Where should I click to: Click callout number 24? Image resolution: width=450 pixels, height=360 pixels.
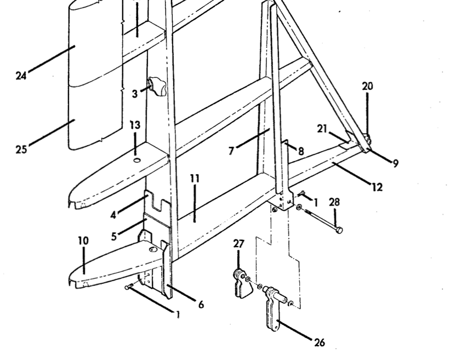pos(21,76)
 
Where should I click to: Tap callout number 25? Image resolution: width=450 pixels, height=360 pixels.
pos(21,150)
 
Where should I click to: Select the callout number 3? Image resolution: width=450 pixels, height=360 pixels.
pos(135,94)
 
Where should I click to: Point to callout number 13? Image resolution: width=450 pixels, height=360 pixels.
pos(135,125)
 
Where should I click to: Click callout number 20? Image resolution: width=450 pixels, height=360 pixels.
pos(367,86)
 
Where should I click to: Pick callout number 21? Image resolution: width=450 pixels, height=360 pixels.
pos(322,129)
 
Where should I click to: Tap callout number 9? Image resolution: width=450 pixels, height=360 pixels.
pos(396,163)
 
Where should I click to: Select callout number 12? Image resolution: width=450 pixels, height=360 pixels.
pos(378,187)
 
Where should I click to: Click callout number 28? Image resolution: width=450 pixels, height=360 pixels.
pos(334,202)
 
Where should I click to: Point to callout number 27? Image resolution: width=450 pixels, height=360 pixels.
pos(239,243)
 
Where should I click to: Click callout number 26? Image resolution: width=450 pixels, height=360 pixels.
pos(320,342)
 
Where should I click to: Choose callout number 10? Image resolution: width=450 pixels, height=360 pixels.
pos(83,241)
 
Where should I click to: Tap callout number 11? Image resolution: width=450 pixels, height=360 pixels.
pos(195,179)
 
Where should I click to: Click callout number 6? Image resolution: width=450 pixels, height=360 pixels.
pos(201,304)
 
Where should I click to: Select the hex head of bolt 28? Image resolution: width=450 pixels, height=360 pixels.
pos(339,230)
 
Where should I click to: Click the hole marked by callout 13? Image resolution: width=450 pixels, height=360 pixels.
pos(137,160)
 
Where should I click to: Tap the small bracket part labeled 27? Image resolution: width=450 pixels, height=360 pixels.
pos(241,284)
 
